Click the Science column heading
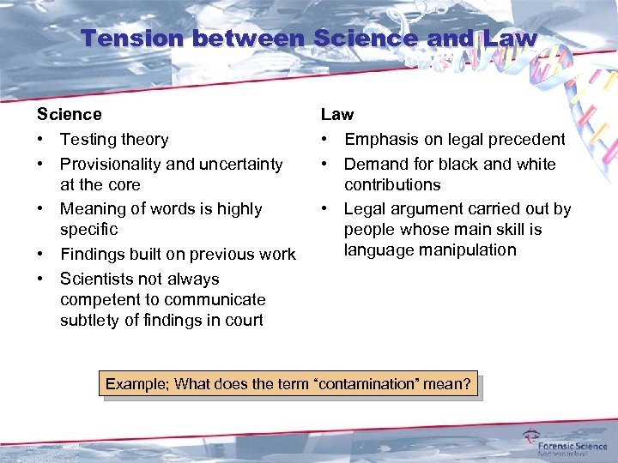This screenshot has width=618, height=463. [x=69, y=114]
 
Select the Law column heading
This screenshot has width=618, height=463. [x=337, y=114]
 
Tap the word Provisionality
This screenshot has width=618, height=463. [x=112, y=164]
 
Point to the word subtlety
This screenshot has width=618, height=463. [x=88, y=321]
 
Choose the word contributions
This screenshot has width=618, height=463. [x=392, y=184]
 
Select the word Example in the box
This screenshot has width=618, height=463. [x=136, y=384]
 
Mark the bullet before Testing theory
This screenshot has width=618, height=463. [x=40, y=139]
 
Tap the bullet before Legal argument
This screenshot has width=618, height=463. [x=325, y=208]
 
